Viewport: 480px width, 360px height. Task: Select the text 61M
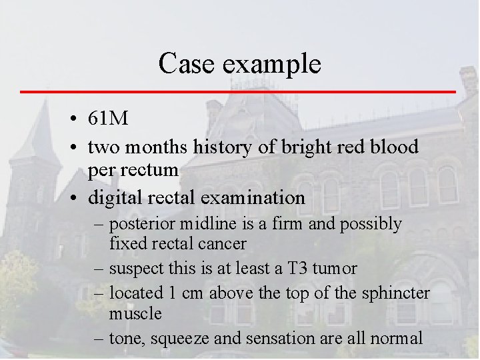[107, 119]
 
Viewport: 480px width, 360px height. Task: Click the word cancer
[223, 244]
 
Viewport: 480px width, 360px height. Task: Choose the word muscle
[136, 313]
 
